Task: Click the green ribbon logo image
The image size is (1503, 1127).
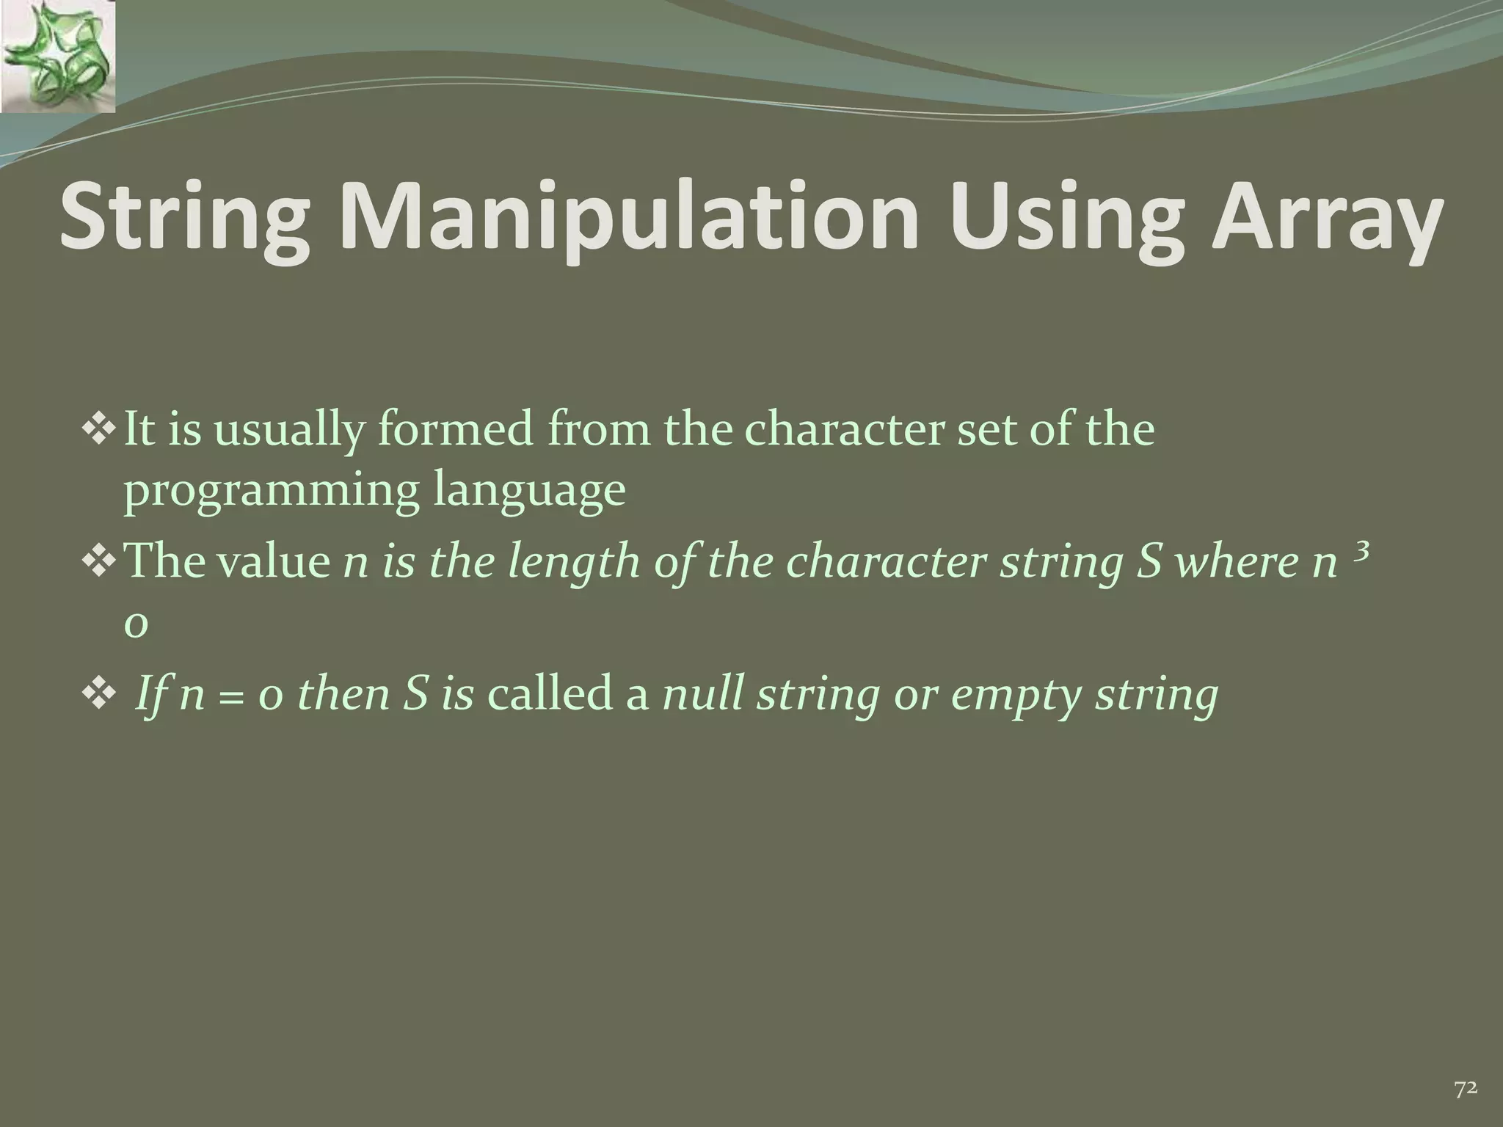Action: [x=58, y=57]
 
